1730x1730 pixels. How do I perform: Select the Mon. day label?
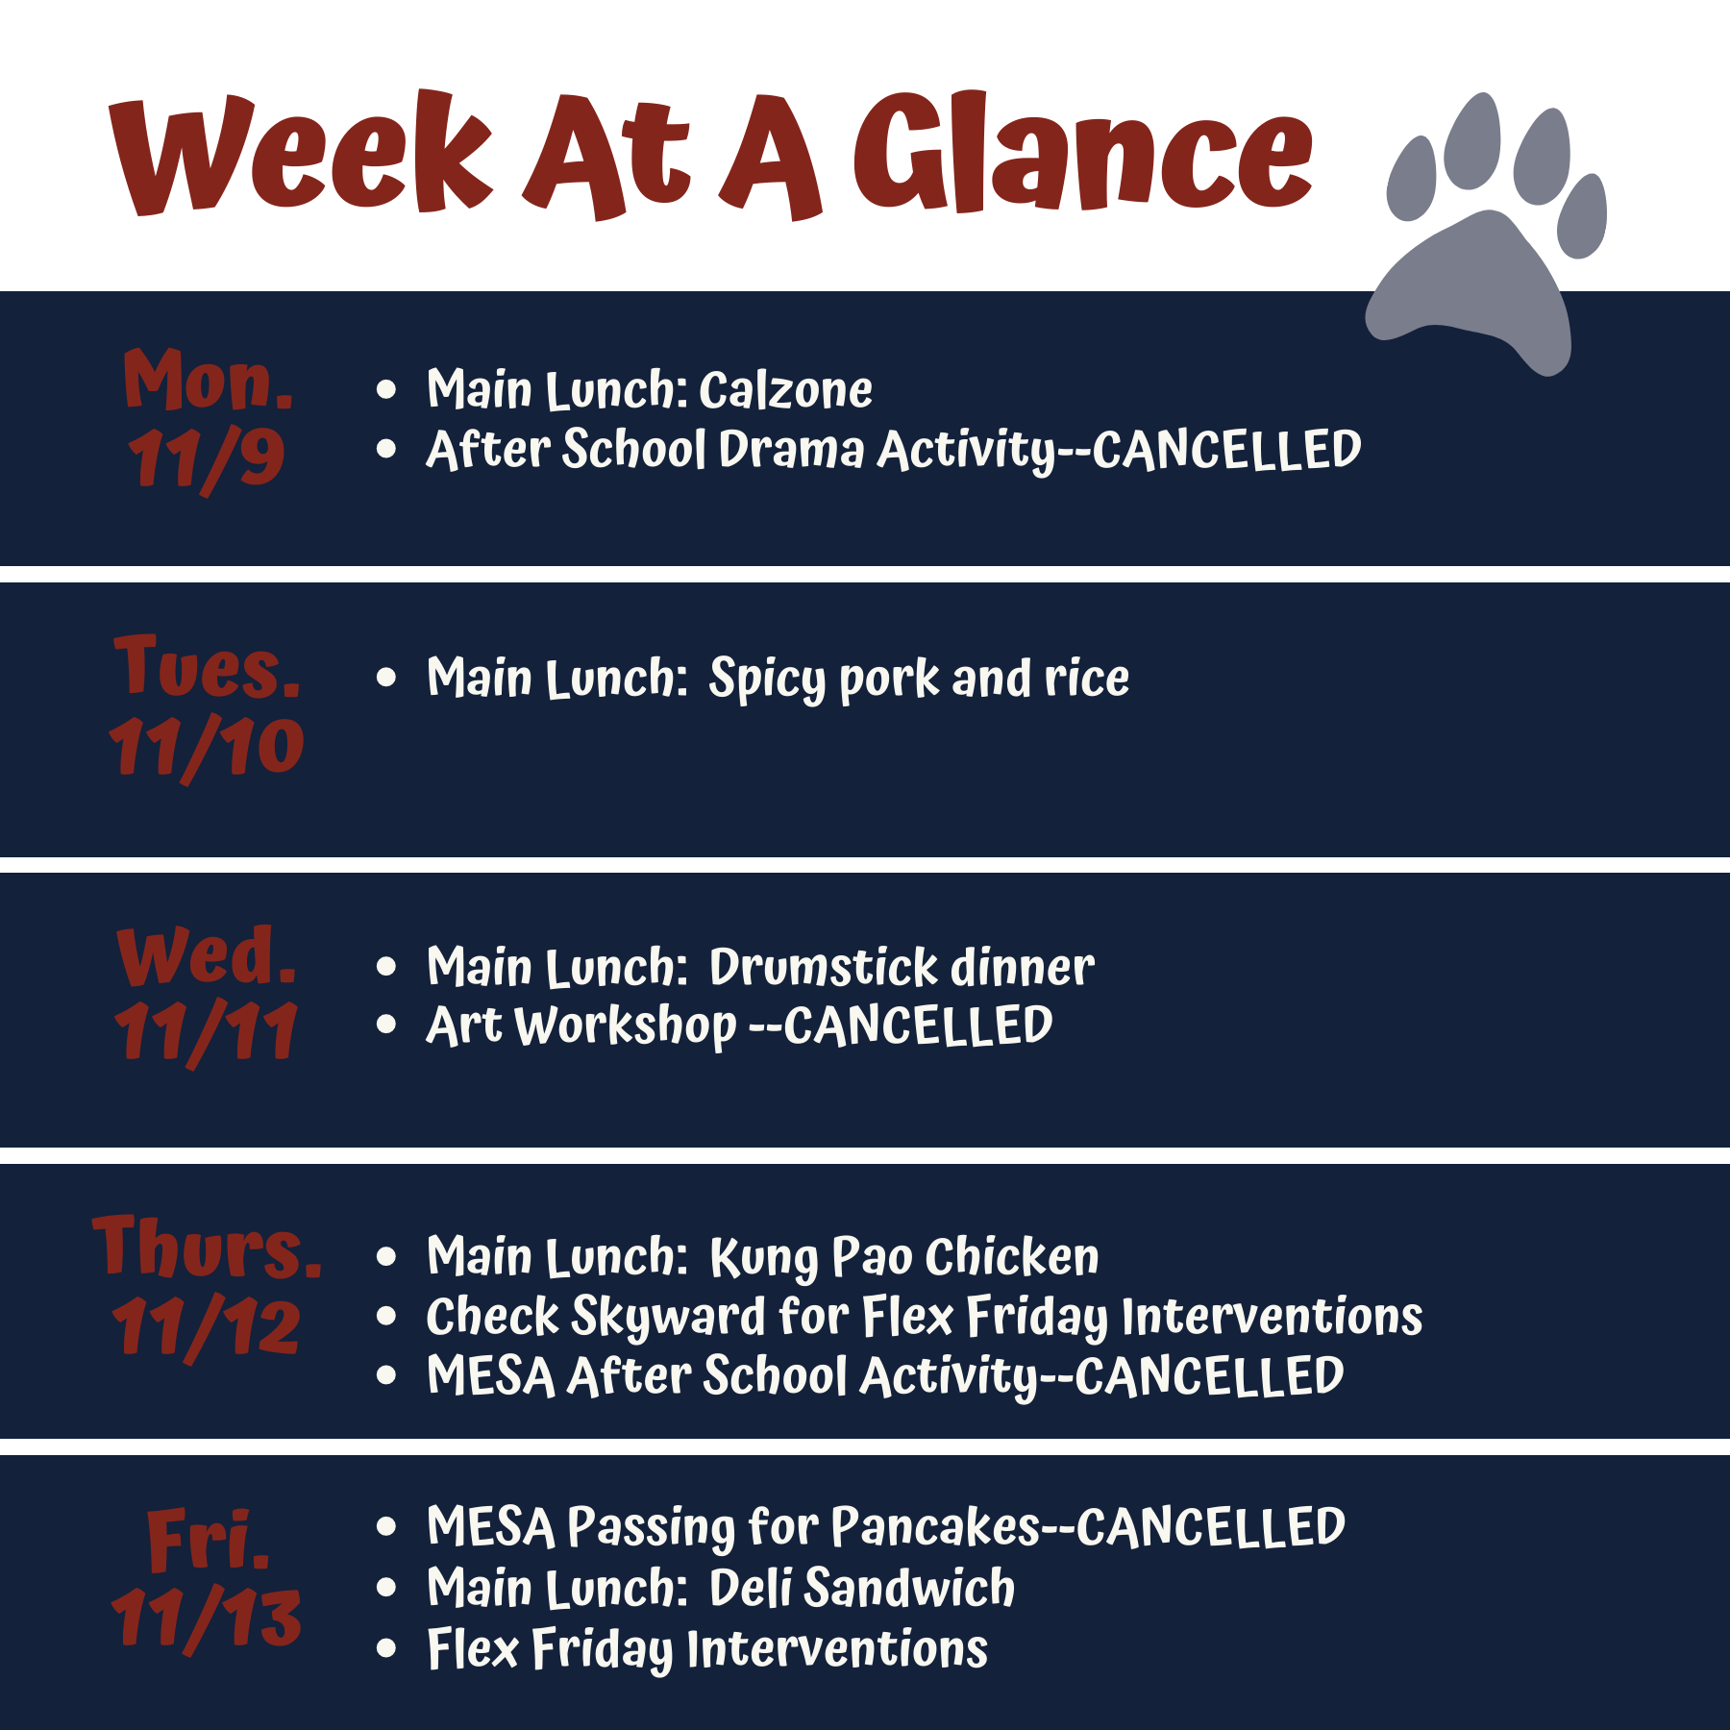[209, 380]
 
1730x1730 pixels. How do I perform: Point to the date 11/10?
[207, 748]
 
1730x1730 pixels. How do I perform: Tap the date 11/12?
[207, 1327]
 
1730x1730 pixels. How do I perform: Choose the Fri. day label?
[209, 1538]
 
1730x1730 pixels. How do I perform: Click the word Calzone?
[785, 390]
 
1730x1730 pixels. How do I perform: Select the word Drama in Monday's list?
[791, 450]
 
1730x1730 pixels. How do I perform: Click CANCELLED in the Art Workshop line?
[918, 1026]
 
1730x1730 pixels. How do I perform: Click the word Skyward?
[668, 1318]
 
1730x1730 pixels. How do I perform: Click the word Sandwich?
[909, 1588]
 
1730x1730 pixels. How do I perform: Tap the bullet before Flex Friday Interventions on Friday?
[386, 1649]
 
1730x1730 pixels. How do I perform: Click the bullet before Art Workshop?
[386, 1026]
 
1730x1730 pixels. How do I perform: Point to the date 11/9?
[207, 459]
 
